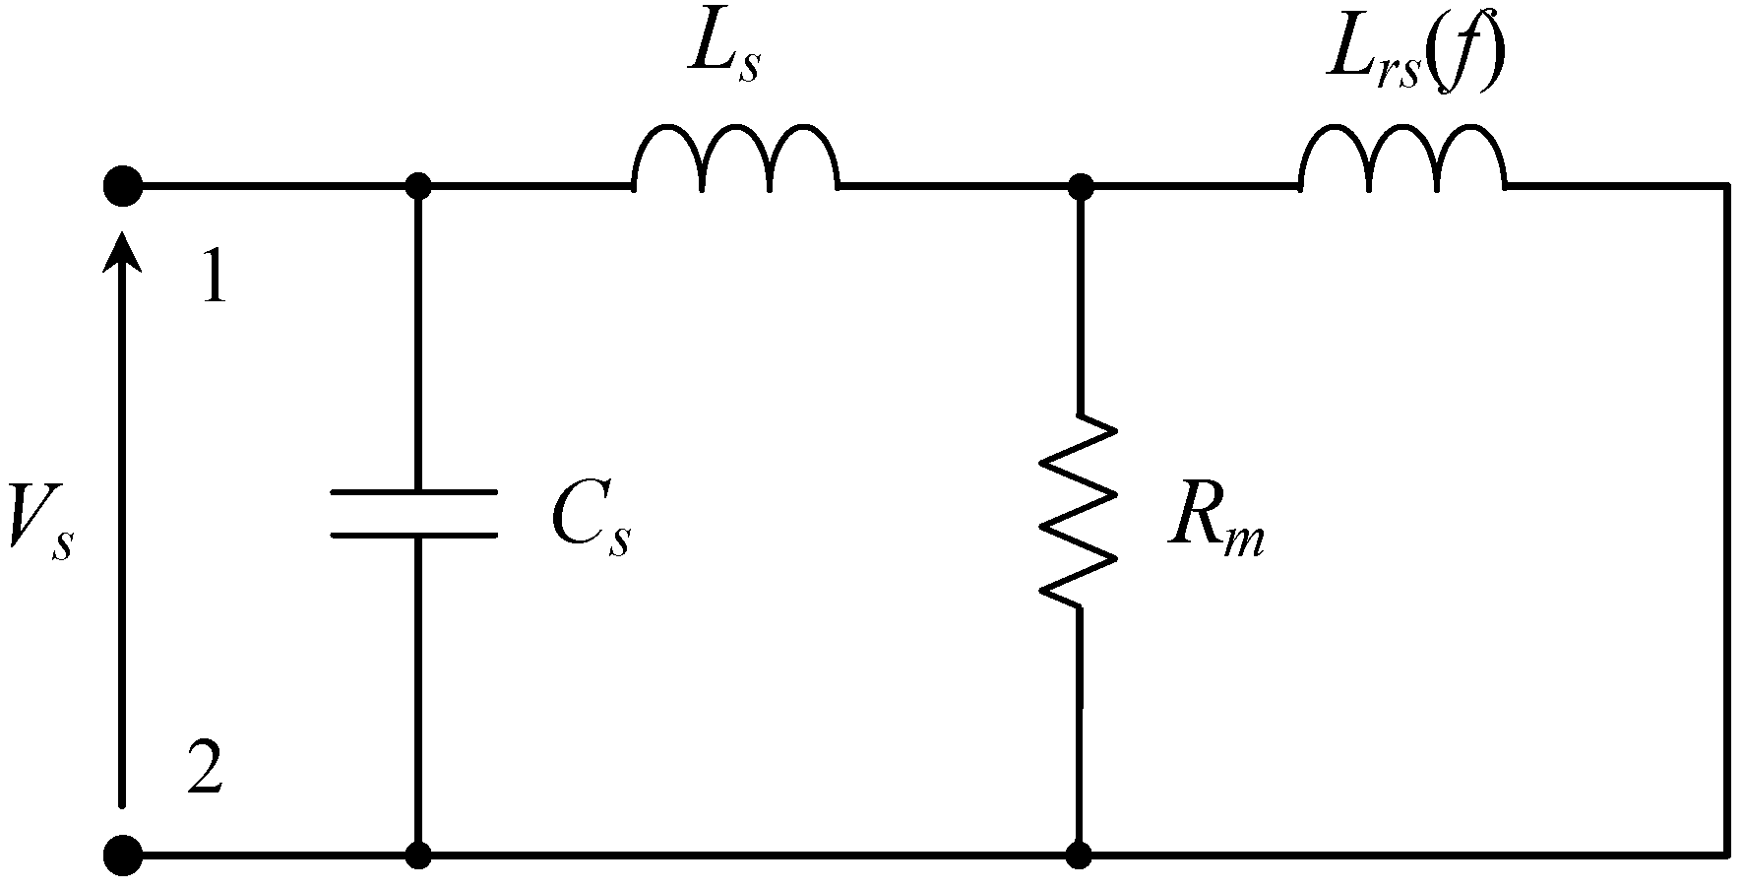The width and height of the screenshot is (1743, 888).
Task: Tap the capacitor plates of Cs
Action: point(414,513)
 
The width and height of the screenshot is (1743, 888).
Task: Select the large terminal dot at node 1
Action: point(123,185)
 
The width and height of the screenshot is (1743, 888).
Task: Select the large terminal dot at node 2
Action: point(123,855)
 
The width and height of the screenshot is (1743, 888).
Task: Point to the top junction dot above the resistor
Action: point(1081,185)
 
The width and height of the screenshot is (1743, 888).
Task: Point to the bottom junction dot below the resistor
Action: point(1080,855)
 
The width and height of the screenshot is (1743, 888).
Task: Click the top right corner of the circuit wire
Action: point(1727,185)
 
